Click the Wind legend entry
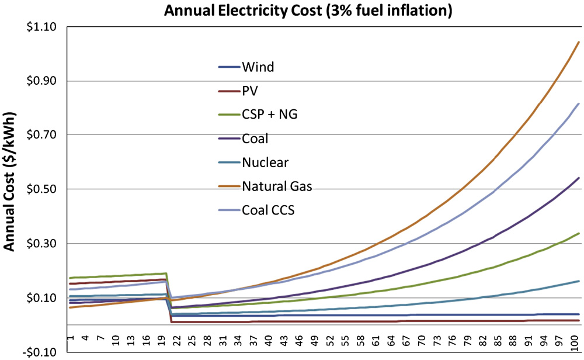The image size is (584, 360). (x=258, y=67)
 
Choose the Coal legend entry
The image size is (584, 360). (x=255, y=139)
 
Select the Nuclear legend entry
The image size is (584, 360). (x=265, y=162)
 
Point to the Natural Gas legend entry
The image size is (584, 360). (x=277, y=186)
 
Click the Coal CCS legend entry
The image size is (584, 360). (x=268, y=210)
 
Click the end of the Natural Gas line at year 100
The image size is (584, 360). (x=579, y=42)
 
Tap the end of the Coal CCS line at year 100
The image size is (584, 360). (x=579, y=103)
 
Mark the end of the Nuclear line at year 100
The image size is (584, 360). (x=579, y=281)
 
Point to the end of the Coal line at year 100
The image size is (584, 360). (x=579, y=178)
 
